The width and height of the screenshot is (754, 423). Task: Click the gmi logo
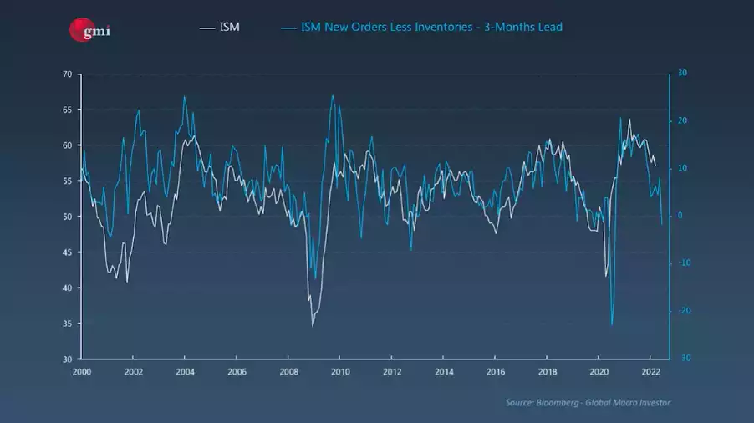[x=89, y=30]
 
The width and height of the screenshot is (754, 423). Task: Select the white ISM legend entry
[x=220, y=27]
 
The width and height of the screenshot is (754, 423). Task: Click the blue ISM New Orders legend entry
[x=422, y=27]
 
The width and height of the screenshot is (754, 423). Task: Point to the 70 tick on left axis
[x=66, y=74]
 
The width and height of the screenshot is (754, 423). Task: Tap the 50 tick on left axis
[x=66, y=217]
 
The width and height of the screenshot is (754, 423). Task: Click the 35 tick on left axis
[x=66, y=324]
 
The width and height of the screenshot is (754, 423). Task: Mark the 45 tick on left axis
[x=66, y=252]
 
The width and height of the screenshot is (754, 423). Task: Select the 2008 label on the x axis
[x=288, y=371]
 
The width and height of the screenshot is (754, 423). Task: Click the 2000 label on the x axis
[x=82, y=371]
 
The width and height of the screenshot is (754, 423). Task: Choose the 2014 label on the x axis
[x=444, y=371]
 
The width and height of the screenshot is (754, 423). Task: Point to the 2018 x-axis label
[x=548, y=371]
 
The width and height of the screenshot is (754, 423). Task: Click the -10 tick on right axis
[x=681, y=262]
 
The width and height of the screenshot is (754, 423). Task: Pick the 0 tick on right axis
[x=679, y=215]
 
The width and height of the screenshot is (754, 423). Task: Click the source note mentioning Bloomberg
[x=588, y=403]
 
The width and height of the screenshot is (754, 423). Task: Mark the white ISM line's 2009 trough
[x=313, y=326]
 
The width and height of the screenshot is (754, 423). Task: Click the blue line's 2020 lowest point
[x=612, y=324]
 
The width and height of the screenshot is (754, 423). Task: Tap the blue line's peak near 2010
[x=333, y=95]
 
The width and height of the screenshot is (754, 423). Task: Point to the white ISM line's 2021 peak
[x=629, y=120]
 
